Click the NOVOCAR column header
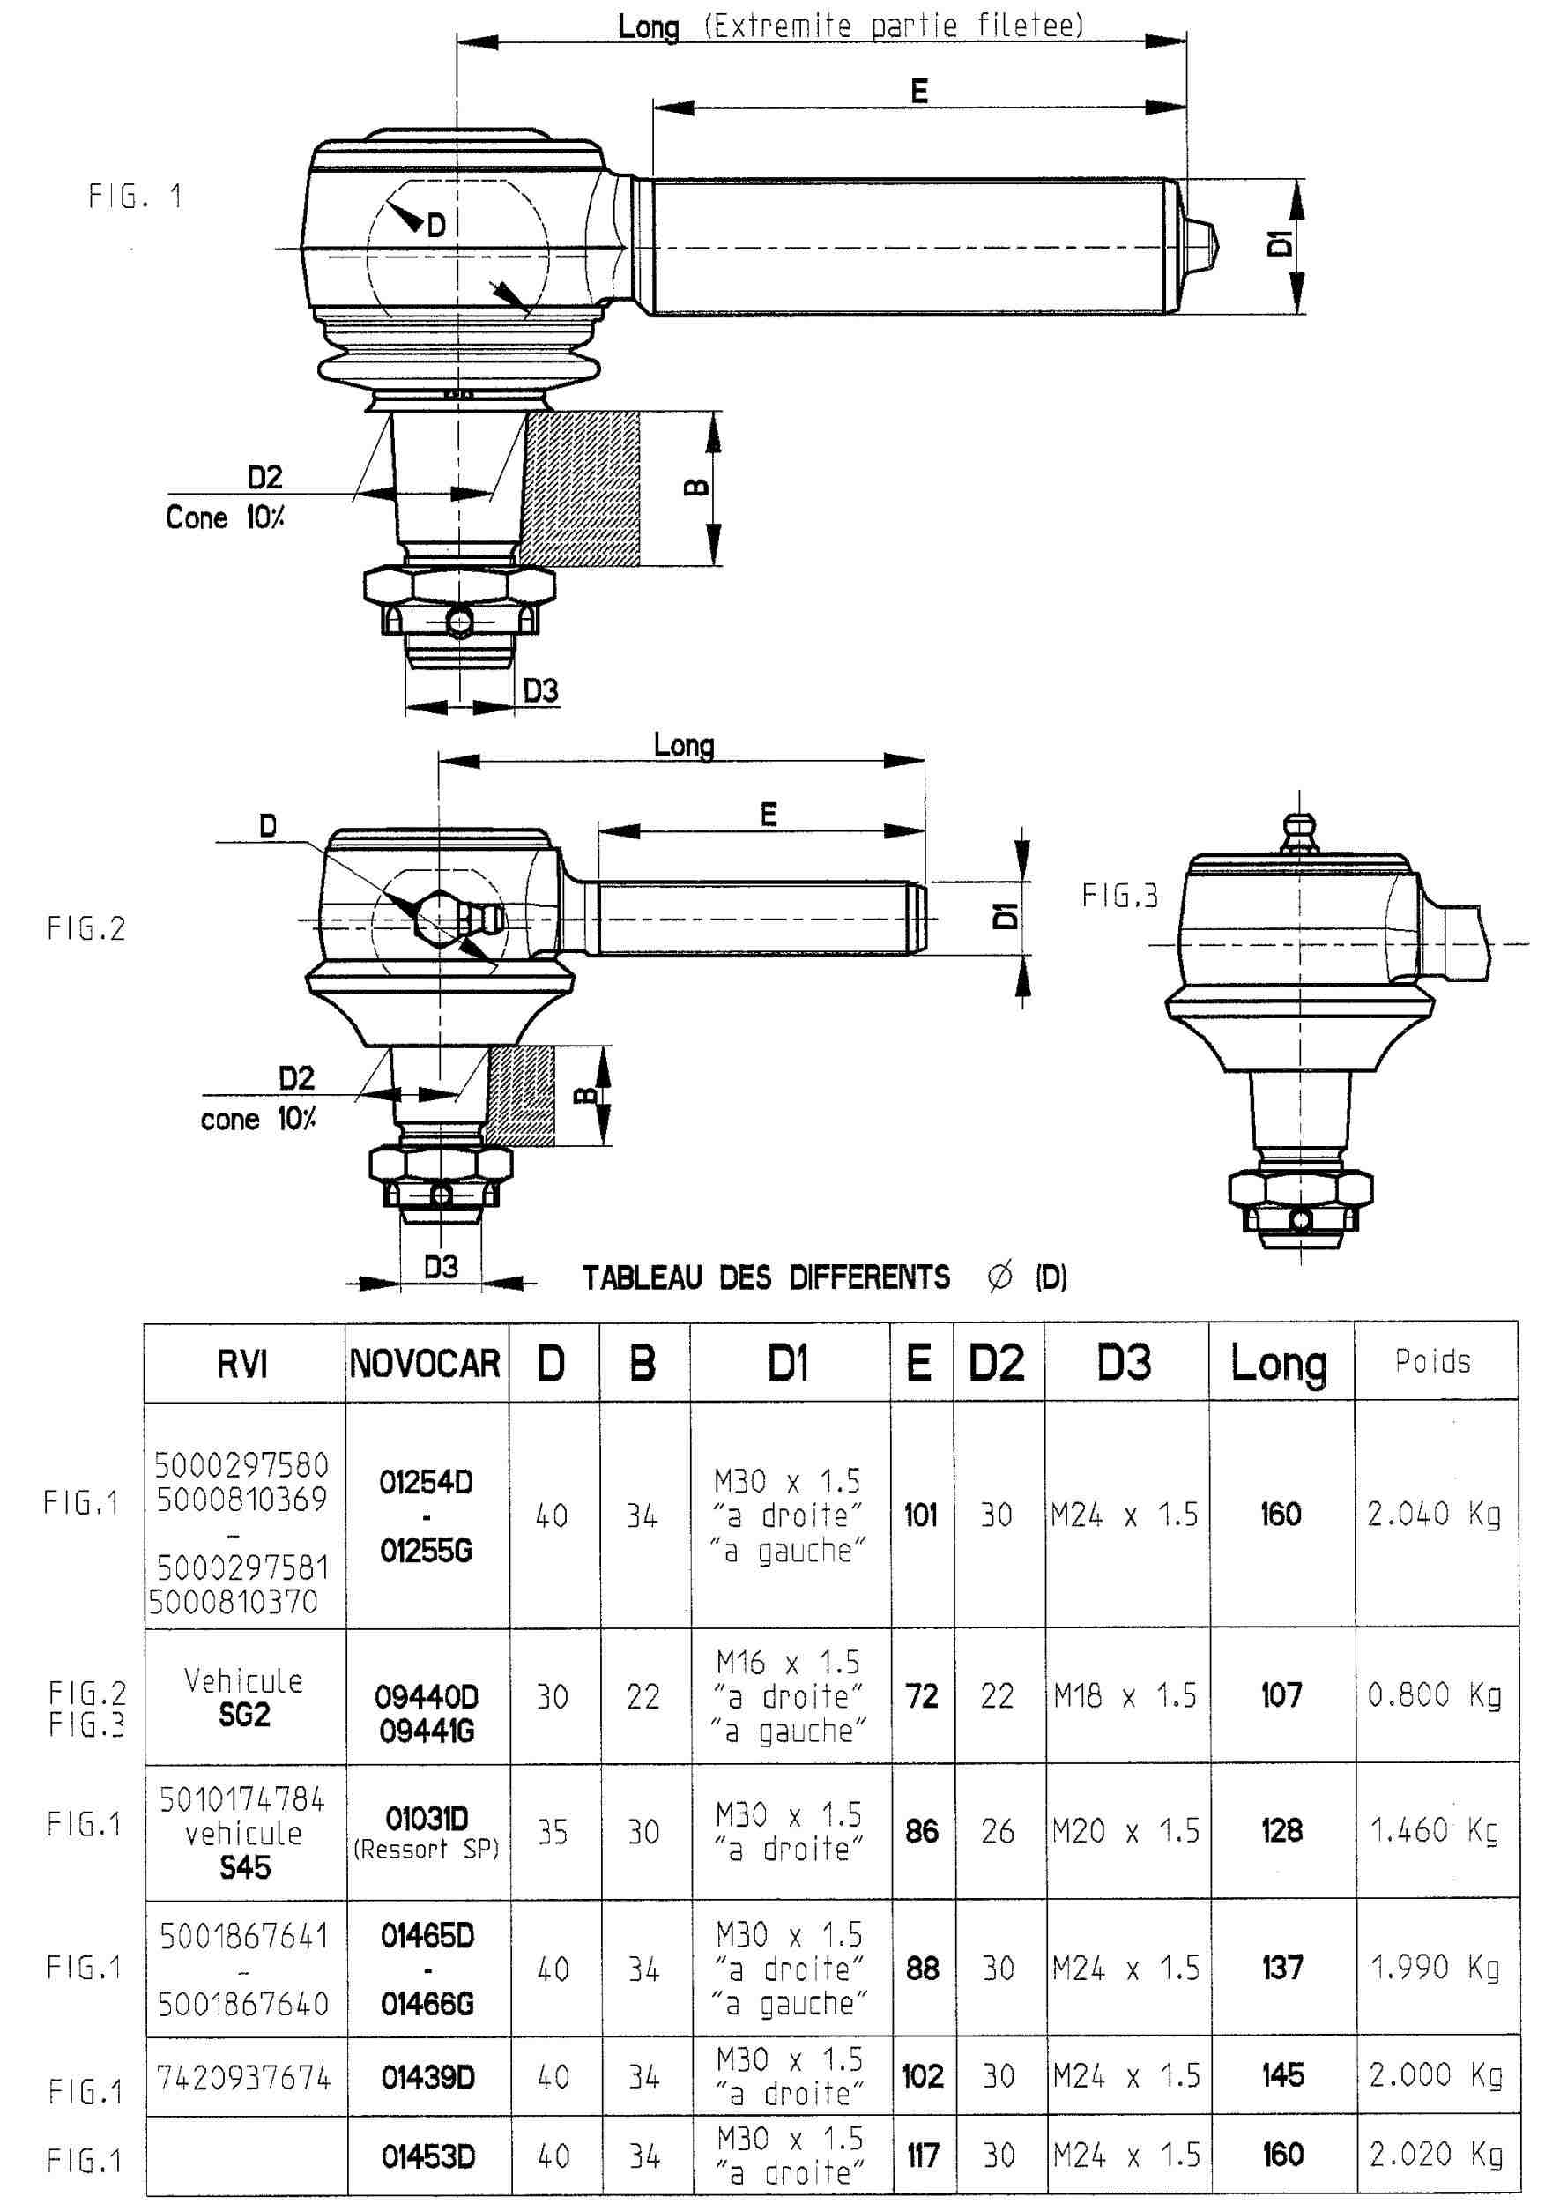coord(425,1363)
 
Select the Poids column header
coord(1433,1361)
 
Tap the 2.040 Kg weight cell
coord(1434,1515)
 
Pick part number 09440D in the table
coord(426,1697)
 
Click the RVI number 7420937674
coord(244,2078)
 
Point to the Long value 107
coord(1281,1695)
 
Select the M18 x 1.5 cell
coord(1125,1696)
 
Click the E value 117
coord(922,2156)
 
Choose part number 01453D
coord(428,2157)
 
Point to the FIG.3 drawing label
coord(1120,896)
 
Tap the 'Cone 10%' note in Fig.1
coord(225,517)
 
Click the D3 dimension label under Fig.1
coord(540,690)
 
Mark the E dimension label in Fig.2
coord(769,815)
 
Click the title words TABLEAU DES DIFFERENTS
coord(766,1277)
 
